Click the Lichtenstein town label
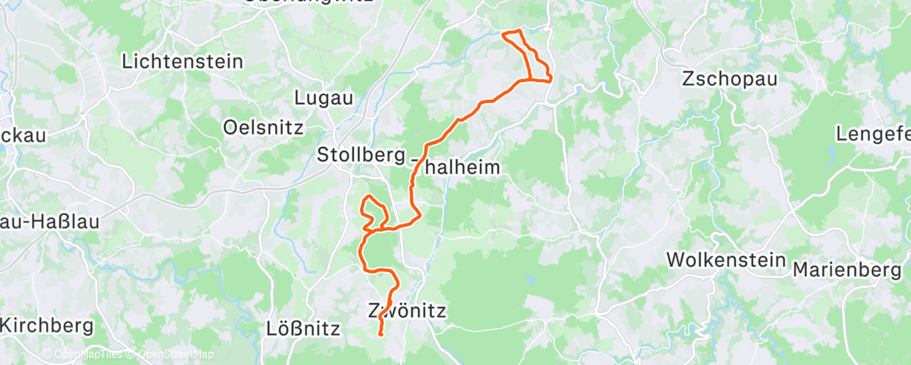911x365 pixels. [x=183, y=61]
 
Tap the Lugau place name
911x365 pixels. [x=323, y=98]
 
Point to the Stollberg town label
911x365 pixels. [x=361, y=155]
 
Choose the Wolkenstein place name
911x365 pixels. [x=726, y=260]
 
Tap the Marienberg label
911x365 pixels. [x=846, y=270]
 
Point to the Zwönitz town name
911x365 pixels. [x=407, y=311]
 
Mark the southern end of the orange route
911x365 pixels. [x=381, y=335]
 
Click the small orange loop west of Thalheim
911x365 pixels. [x=371, y=209]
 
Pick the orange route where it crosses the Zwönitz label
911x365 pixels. [x=384, y=312]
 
